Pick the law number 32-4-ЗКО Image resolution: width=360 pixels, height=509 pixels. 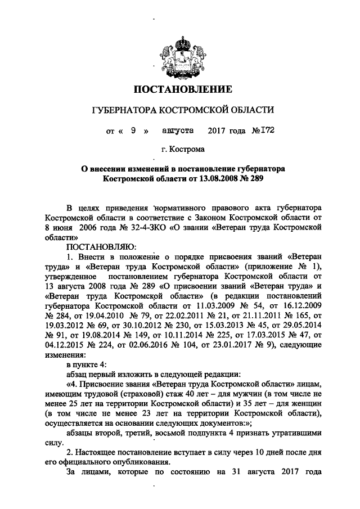146,226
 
